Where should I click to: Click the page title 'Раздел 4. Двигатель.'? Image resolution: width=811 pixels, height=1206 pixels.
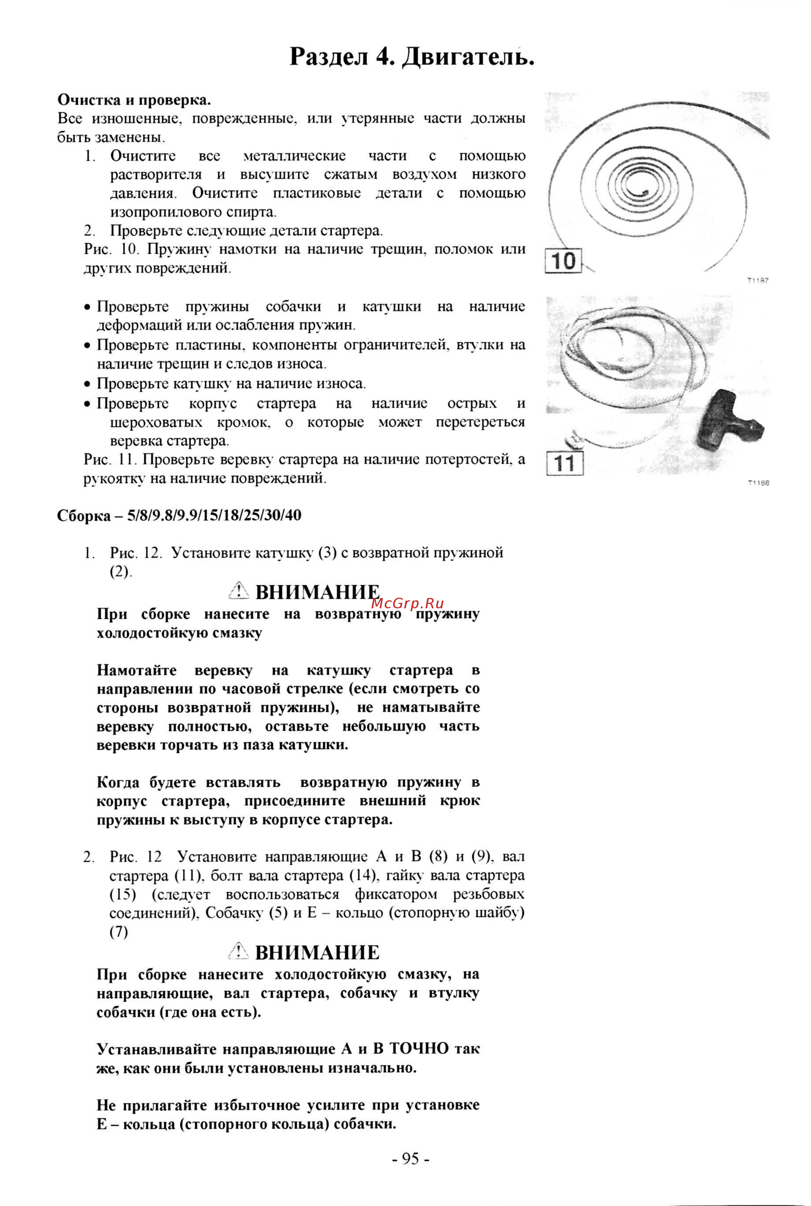(412, 57)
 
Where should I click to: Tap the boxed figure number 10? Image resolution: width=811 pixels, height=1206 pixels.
(563, 261)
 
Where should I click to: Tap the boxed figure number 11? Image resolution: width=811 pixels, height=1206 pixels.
(564, 463)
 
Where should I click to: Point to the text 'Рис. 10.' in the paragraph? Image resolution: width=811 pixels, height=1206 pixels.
(112, 249)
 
